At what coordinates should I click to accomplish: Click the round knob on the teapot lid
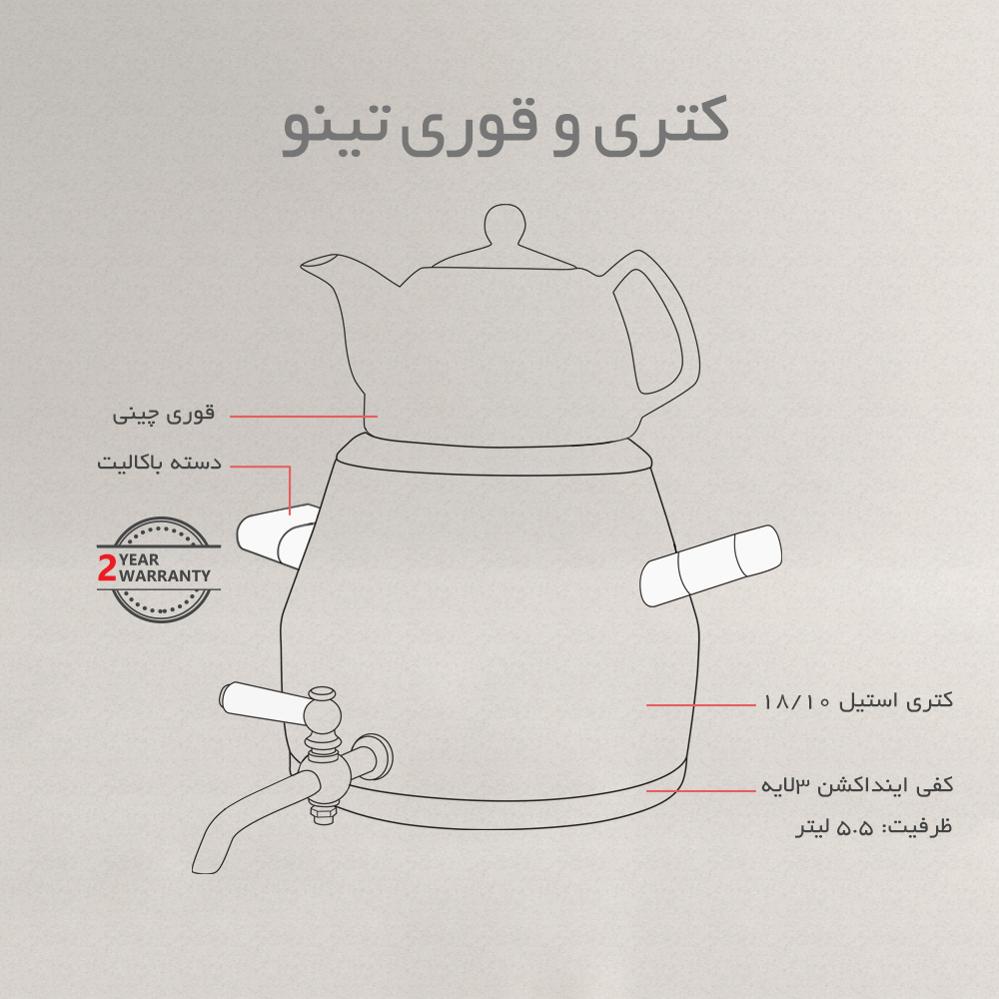[x=505, y=224]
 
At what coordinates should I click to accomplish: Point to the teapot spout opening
[x=318, y=261]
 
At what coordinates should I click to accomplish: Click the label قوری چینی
[x=164, y=415]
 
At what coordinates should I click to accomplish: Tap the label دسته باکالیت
[x=159, y=462]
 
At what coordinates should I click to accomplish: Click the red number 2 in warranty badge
[x=107, y=567]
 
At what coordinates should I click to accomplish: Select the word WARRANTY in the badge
[x=165, y=576]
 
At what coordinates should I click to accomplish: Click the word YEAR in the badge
[x=139, y=560]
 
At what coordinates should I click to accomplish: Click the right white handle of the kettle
[x=711, y=565]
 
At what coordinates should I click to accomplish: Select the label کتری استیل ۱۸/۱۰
[x=857, y=701]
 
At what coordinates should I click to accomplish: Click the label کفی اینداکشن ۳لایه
[x=857, y=785]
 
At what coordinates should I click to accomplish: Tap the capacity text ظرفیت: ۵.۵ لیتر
[x=873, y=827]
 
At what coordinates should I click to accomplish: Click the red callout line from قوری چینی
[x=304, y=416]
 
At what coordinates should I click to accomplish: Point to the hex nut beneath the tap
[x=322, y=813]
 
